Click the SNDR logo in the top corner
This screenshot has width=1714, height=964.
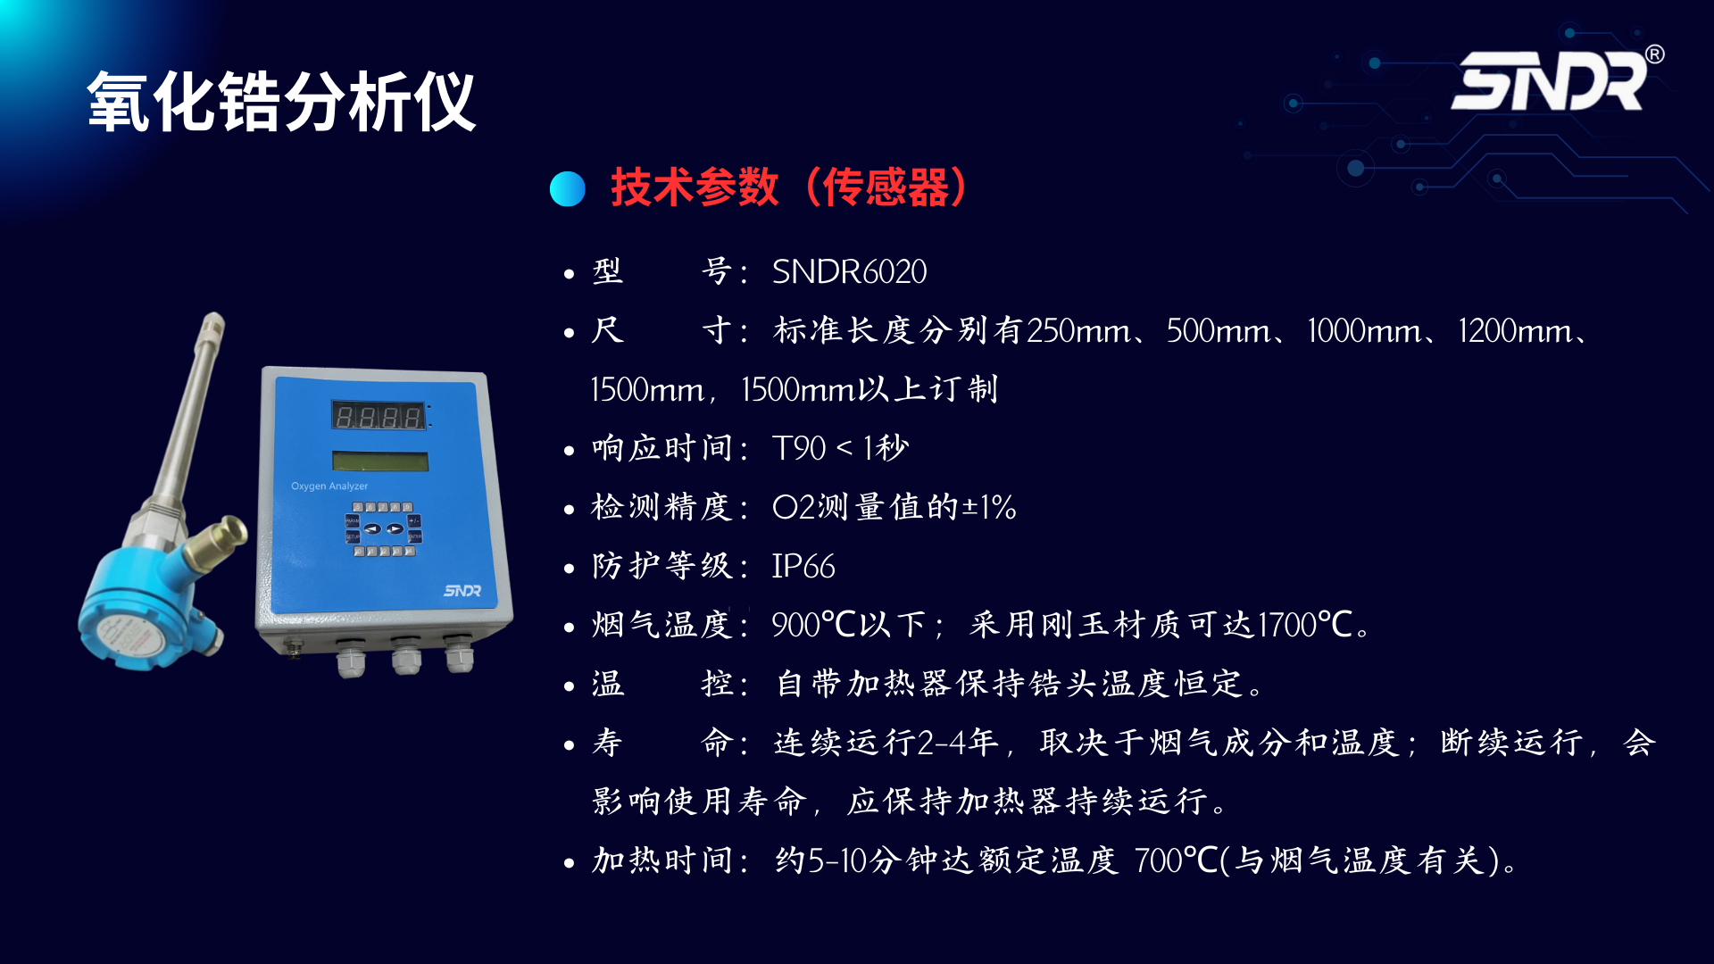pos(1549,80)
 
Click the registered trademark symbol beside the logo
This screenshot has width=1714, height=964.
pos(1654,54)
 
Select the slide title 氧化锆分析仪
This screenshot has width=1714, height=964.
pos(281,102)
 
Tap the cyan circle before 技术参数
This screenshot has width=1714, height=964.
pos(568,188)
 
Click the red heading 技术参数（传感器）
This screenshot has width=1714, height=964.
pos(789,187)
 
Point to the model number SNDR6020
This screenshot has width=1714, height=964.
pos(849,271)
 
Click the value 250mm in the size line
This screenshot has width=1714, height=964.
pos(1078,330)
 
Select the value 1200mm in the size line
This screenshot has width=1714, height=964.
pos(1514,330)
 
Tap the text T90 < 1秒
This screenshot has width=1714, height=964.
pos(840,448)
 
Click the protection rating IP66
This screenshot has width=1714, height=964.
pos(803,566)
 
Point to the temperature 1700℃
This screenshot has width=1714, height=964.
pos(1305,625)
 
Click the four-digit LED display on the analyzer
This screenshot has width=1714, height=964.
pos(379,416)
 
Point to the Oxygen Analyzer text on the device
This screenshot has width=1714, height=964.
pos(329,486)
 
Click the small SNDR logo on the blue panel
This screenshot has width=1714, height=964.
pos(462,591)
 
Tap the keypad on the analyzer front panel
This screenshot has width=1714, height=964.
pos(383,528)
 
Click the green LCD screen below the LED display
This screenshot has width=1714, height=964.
pos(380,461)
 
